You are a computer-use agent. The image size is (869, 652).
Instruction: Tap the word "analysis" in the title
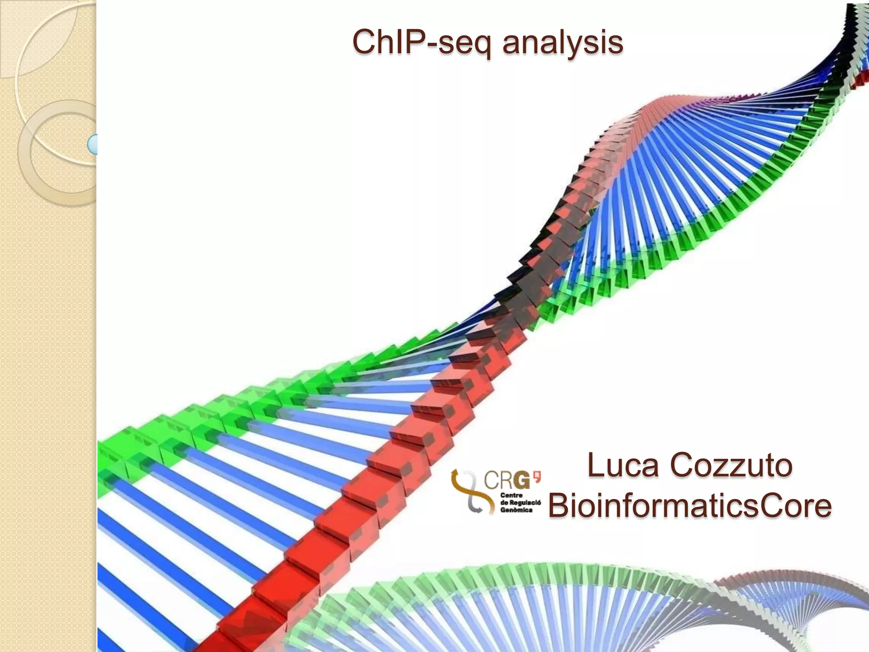[x=563, y=42]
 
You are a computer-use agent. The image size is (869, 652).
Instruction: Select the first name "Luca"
[x=623, y=465]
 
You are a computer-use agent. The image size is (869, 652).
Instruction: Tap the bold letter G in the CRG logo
[x=521, y=481]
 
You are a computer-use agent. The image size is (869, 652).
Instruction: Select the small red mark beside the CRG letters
[x=537, y=476]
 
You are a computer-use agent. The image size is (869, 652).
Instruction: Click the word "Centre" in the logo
[x=511, y=495]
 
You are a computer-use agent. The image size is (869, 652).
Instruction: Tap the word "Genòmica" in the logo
[x=516, y=510]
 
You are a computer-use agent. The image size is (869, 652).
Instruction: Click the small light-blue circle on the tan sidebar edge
[x=93, y=144]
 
